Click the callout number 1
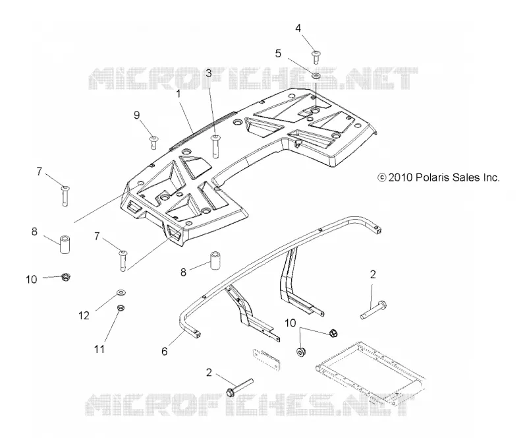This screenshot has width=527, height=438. click(179, 94)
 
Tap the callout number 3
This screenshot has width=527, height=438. click(209, 73)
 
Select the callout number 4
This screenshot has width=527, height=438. click(298, 28)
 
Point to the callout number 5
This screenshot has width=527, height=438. click(278, 53)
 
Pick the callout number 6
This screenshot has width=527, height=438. click(164, 352)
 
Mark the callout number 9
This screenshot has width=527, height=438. click(136, 115)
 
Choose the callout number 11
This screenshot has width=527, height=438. click(99, 349)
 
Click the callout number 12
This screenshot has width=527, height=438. click(84, 315)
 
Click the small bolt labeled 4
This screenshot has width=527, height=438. click(316, 57)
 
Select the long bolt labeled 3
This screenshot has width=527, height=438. click(215, 146)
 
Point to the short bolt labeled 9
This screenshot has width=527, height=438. click(154, 142)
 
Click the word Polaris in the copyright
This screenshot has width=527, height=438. click(432, 177)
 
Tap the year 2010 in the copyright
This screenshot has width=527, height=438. click(401, 177)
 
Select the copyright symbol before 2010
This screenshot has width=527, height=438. click(382, 177)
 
